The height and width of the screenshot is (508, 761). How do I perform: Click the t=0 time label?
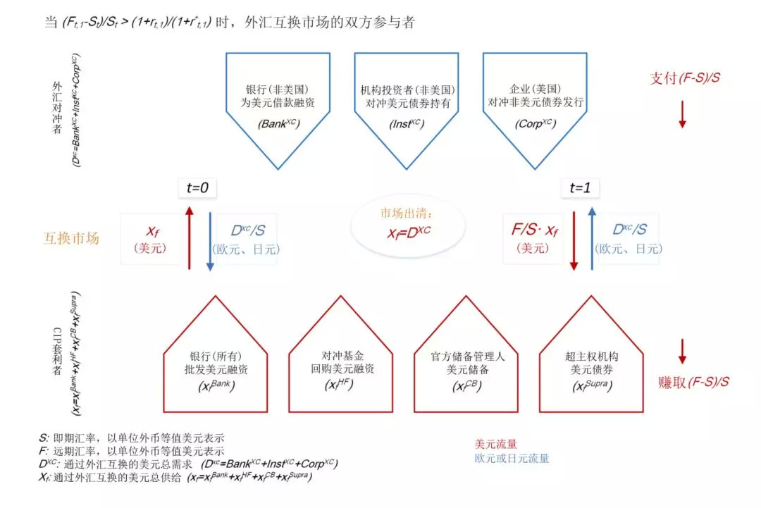pyautogui.click(x=197, y=187)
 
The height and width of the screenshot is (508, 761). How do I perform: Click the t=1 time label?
pyautogui.click(x=581, y=187)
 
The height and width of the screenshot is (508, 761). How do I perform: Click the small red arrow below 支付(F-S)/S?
pyautogui.click(x=682, y=113)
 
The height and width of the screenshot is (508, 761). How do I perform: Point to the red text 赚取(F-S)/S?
pyautogui.click(x=693, y=383)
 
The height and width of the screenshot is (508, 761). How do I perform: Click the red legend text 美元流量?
pyautogui.click(x=496, y=444)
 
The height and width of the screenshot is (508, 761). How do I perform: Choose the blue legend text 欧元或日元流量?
pyautogui.click(x=512, y=459)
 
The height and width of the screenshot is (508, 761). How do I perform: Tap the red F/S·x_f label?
pyautogui.click(x=536, y=230)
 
